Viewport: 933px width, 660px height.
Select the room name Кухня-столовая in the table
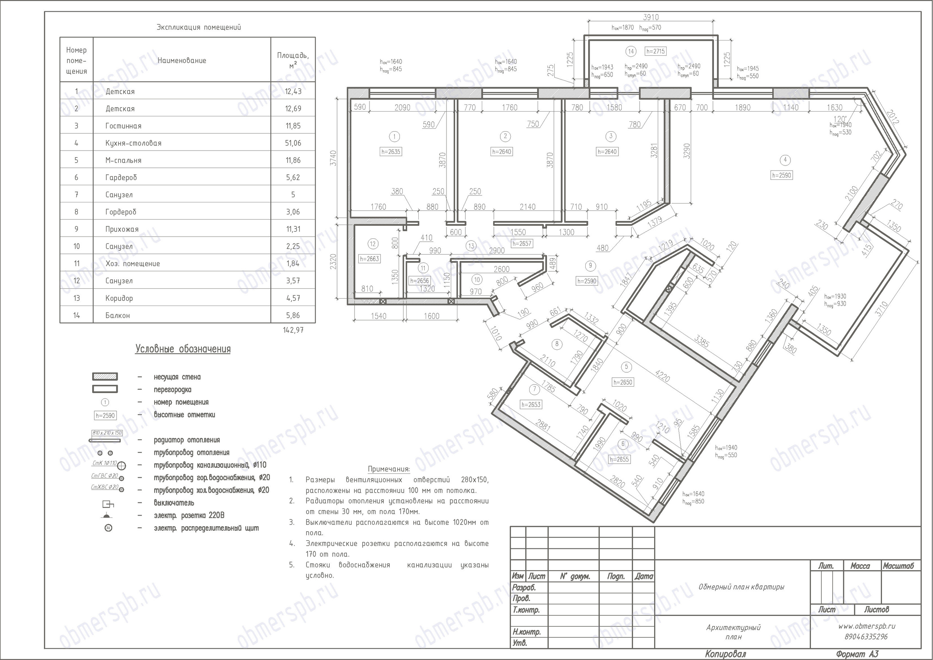click(x=133, y=143)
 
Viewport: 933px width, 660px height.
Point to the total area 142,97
click(x=293, y=330)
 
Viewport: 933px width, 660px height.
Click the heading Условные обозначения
click(x=183, y=349)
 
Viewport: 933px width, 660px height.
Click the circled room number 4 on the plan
click(x=785, y=160)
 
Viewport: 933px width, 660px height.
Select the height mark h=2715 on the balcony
click(x=655, y=51)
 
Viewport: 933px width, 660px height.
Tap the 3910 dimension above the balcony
click(x=651, y=18)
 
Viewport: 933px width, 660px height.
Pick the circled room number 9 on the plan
click(x=590, y=266)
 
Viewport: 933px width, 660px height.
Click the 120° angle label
click(x=840, y=119)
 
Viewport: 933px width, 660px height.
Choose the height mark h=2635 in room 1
click(x=390, y=152)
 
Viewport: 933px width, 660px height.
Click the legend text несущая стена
click(x=177, y=377)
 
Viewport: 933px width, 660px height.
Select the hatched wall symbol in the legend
click(x=105, y=377)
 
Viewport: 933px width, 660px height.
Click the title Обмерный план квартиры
click(x=741, y=587)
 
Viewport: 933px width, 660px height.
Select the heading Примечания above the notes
click(x=389, y=469)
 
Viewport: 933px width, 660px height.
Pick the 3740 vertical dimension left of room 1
click(x=333, y=158)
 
